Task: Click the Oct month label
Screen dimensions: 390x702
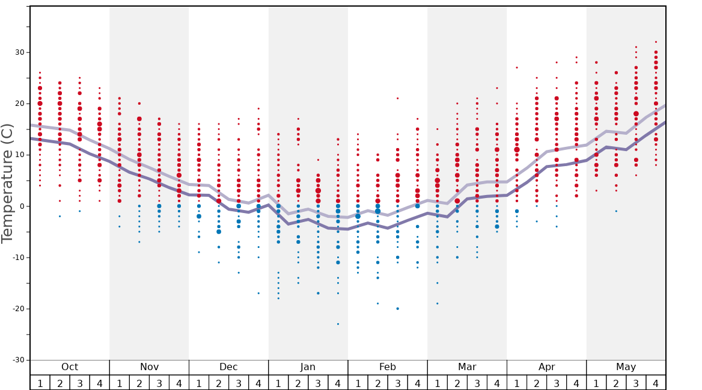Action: pyautogui.click(x=70, y=367)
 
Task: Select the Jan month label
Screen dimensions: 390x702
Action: pyautogui.click(x=308, y=367)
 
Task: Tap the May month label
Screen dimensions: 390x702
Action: pyautogui.click(x=626, y=367)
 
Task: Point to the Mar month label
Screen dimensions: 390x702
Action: pyautogui.click(x=467, y=367)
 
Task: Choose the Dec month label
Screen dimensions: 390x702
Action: pyautogui.click(x=228, y=367)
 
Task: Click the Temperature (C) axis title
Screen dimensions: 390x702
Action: pyautogui.click(x=8, y=183)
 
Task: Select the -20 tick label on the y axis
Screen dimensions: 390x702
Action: pyautogui.click(x=17, y=309)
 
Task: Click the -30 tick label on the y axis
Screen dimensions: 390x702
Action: pyautogui.click(x=17, y=360)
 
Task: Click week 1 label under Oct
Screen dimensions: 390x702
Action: pyautogui.click(x=40, y=383)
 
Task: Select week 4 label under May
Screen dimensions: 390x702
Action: pyautogui.click(x=656, y=383)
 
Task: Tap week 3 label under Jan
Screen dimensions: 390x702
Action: pyautogui.click(x=318, y=383)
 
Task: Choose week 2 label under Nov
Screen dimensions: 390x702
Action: pyautogui.click(x=139, y=383)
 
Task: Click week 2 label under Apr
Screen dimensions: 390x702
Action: pyautogui.click(x=537, y=383)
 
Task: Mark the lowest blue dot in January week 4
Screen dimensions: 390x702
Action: pyautogui.click(x=338, y=324)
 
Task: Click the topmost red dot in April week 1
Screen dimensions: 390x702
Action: pyautogui.click(x=517, y=67)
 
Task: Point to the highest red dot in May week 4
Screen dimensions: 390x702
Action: pyautogui.click(x=656, y=42)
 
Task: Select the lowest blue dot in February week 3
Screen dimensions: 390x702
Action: pyautogui.click(x=397, y=309)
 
